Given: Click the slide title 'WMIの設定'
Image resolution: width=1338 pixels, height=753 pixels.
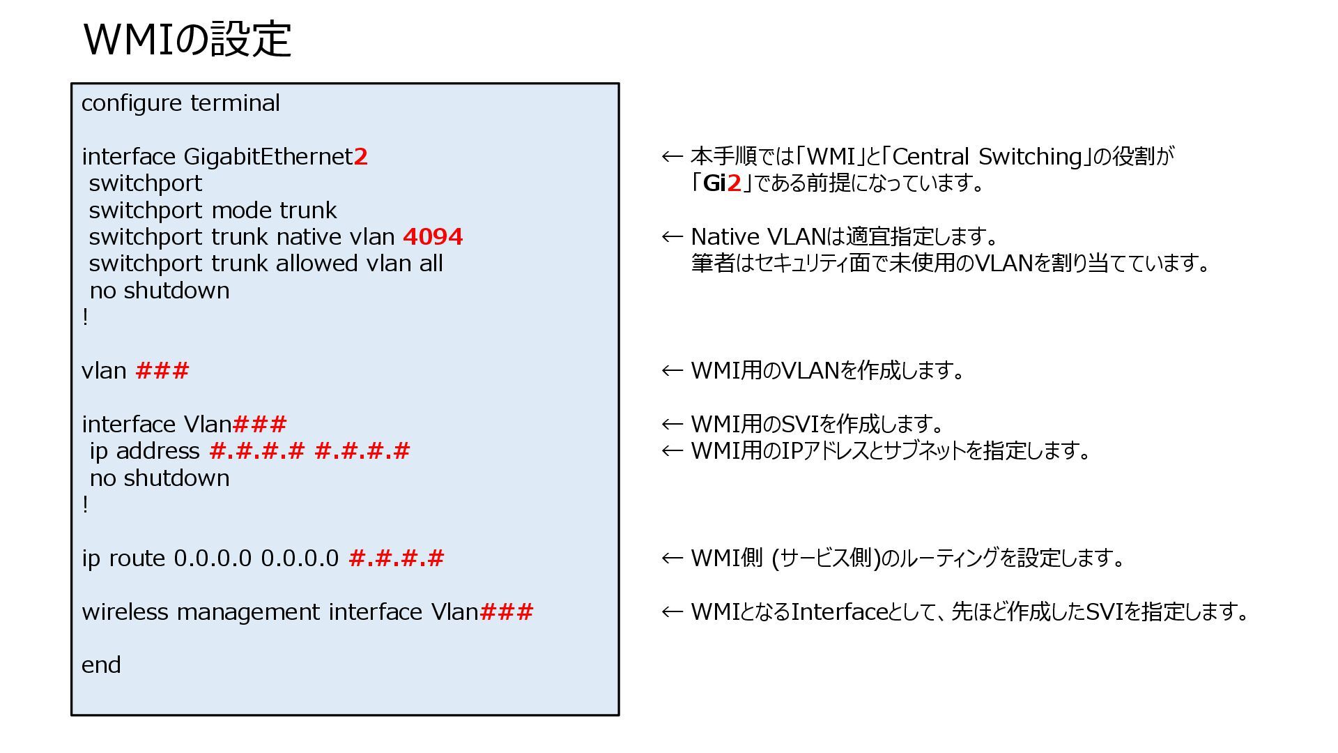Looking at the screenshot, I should click(x=187, y=40).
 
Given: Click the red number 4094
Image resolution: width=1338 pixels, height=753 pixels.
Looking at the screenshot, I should click(x=433, y=237).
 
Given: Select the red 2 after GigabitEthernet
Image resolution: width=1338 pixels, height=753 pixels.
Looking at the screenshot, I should click(x=360, y=157).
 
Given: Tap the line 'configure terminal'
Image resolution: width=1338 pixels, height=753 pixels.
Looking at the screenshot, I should click(x=180, y=103).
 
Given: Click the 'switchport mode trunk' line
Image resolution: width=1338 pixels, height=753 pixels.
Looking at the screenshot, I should click(x=213, y=211).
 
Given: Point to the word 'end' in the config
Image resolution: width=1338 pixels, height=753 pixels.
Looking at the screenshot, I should click(x=101, y=665).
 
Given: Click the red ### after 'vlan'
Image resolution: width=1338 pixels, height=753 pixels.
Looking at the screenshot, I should click(x=162, y=371).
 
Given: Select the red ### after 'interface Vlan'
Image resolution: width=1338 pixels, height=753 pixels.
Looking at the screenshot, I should click(x=259, y=424).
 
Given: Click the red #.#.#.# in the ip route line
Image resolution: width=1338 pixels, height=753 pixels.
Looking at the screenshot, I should click(x=396, y=558).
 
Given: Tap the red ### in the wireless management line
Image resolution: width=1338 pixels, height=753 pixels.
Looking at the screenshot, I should click(x=507, y=612).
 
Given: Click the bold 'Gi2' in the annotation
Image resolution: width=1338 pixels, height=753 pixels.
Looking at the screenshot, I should click(x=722, y=183).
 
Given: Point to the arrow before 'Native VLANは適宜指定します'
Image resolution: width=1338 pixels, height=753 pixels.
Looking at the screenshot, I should click(x=672, y=237).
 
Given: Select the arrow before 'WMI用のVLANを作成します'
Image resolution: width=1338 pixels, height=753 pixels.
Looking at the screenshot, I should click(x=672, y=371).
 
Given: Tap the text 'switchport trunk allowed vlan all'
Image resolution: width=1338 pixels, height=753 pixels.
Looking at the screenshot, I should click(x=266, y=264).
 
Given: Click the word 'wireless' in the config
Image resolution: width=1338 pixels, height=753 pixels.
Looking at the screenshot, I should click(x=125, y=612).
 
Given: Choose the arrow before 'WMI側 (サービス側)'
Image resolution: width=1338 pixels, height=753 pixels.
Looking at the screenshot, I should click(x=672, y=558).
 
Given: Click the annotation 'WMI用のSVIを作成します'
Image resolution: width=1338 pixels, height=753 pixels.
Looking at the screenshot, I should click(x=817, y=424).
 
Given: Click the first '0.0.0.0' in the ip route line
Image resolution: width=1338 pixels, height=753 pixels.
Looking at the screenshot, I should click(x=213, y=558).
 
